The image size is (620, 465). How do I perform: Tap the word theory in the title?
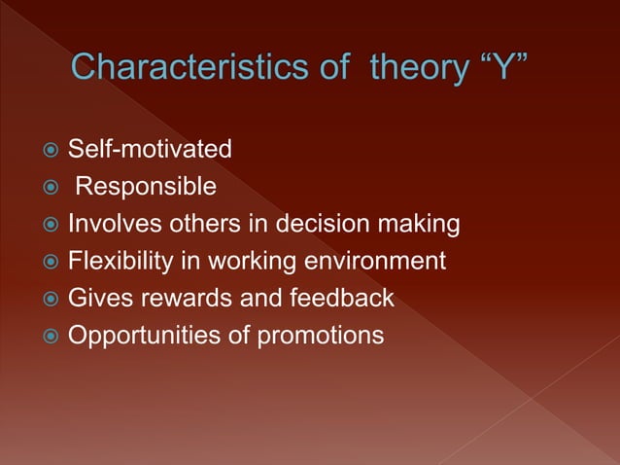click(x=415, y=68)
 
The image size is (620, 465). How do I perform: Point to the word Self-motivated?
click(x=150, y=150)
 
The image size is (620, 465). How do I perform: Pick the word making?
click(x=419, y=225)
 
